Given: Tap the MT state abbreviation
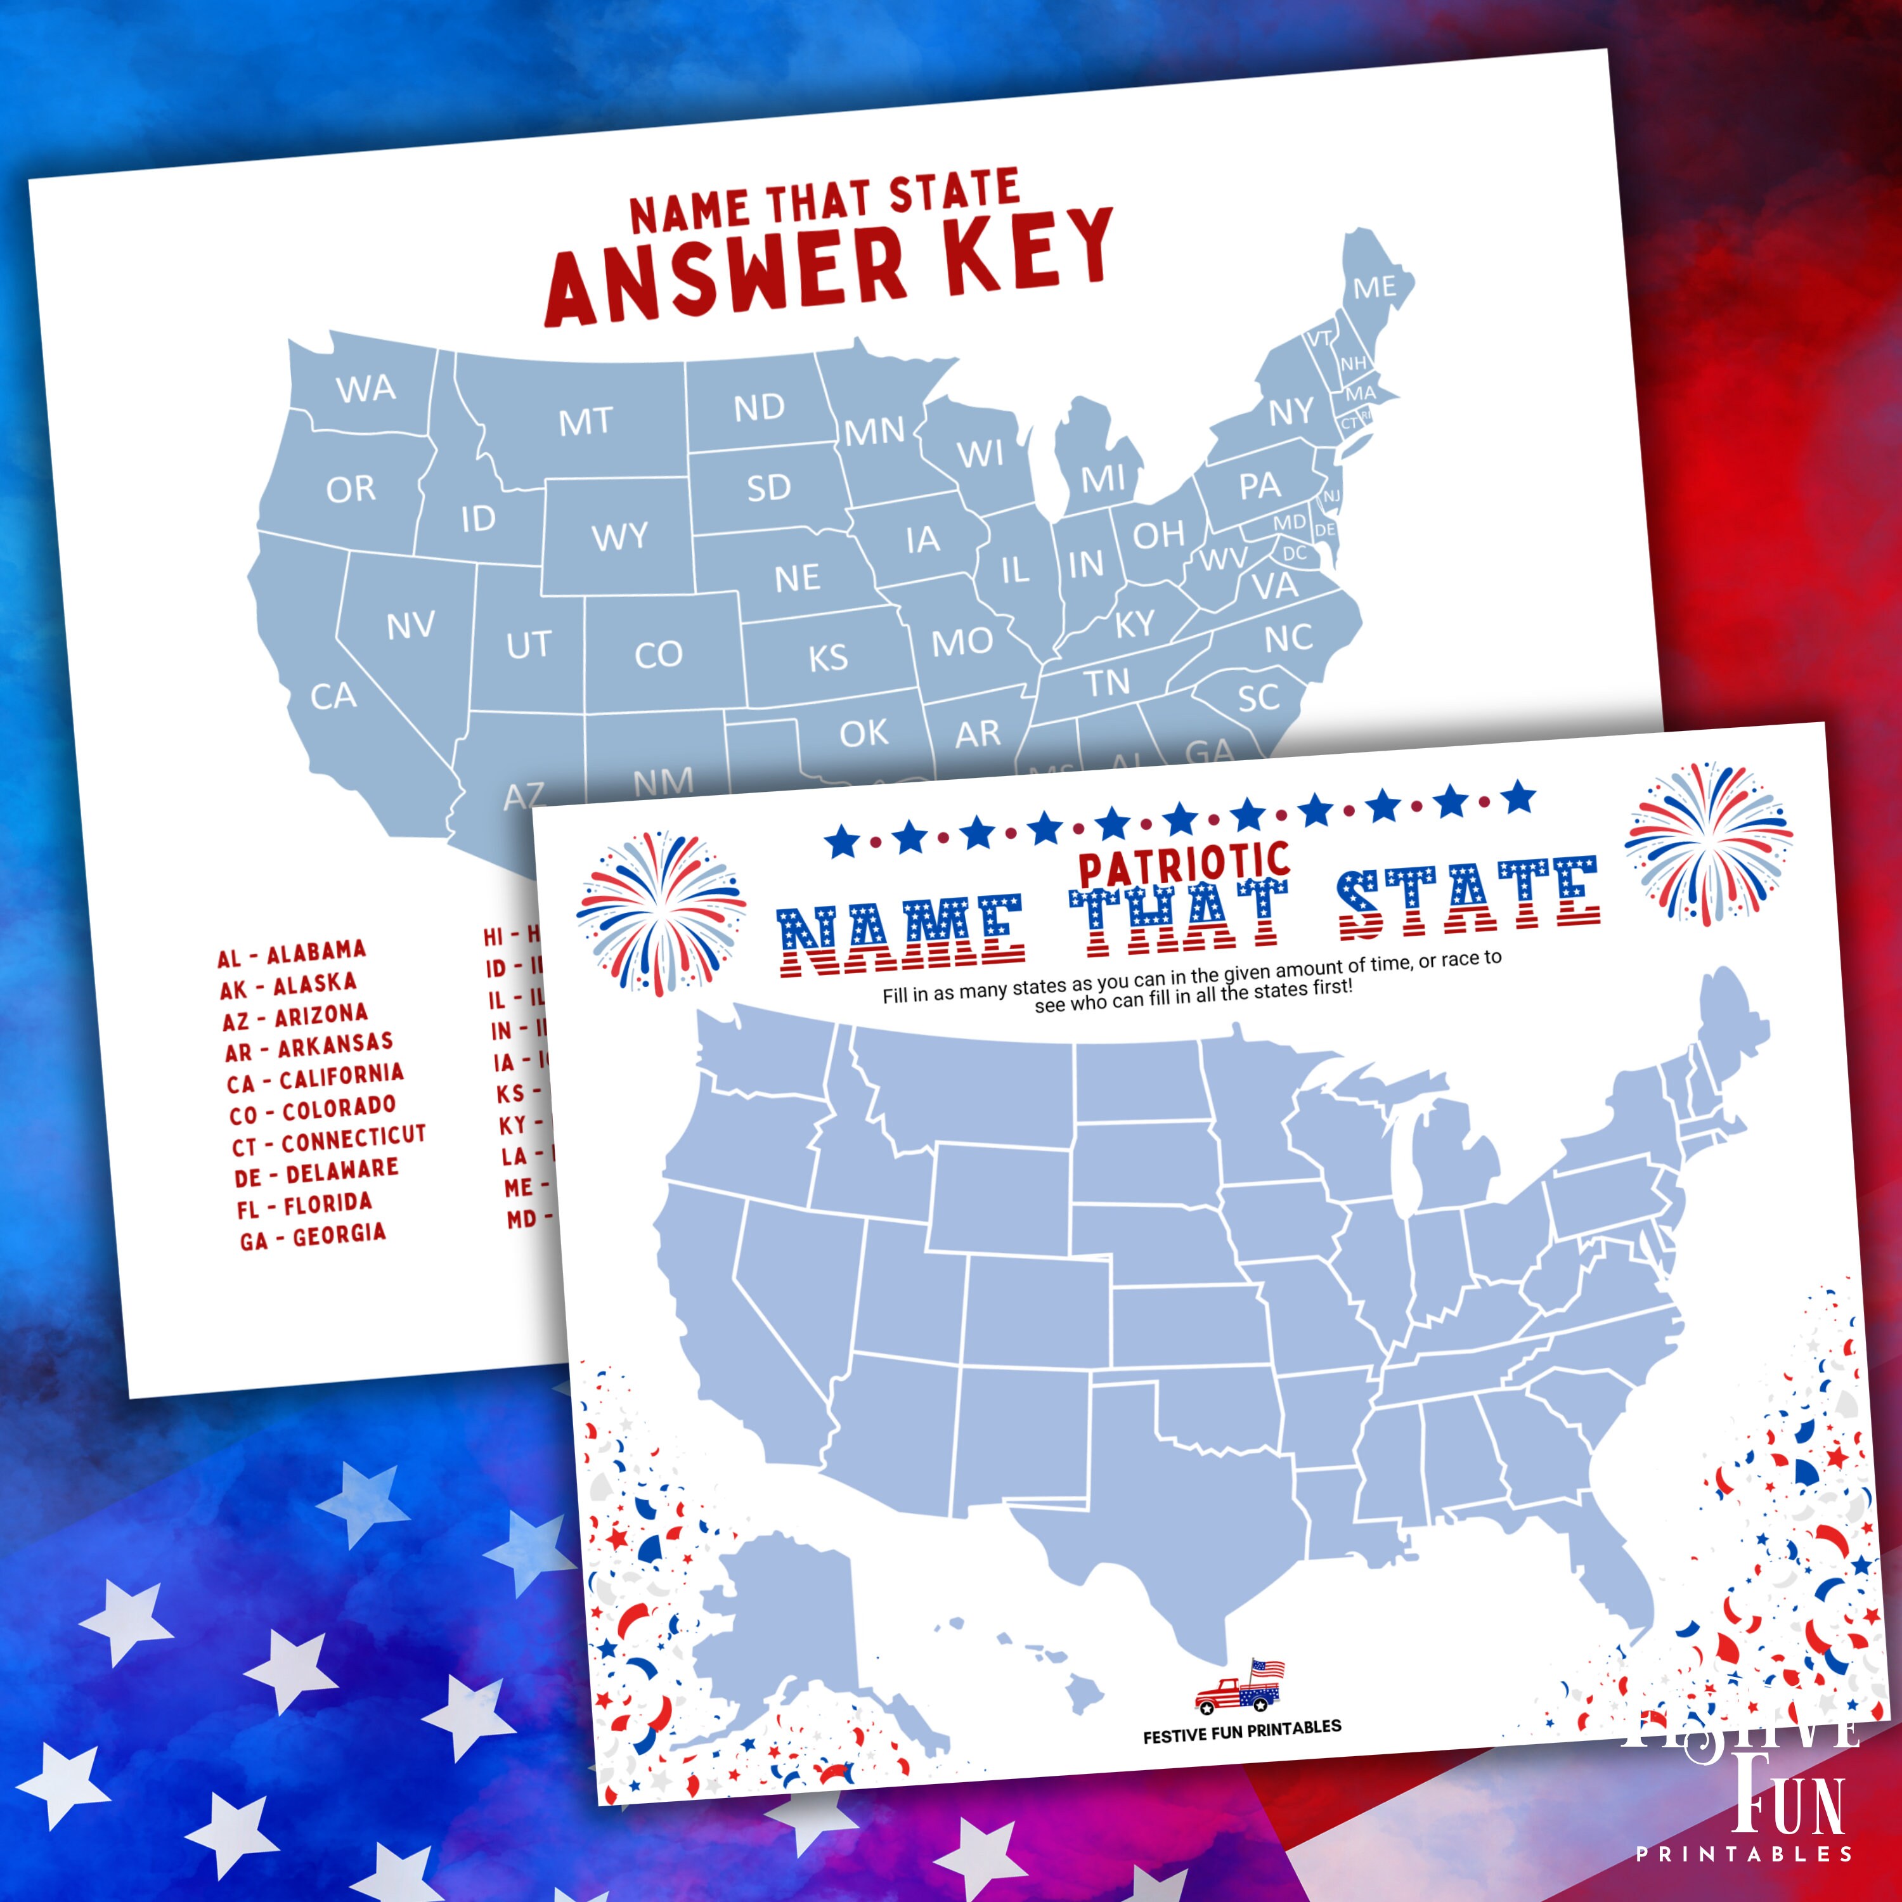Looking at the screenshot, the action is (586, 422).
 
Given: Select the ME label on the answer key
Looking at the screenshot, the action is (1375, 287).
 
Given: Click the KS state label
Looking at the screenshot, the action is (828, 657).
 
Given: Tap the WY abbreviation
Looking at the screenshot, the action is (620, 536).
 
